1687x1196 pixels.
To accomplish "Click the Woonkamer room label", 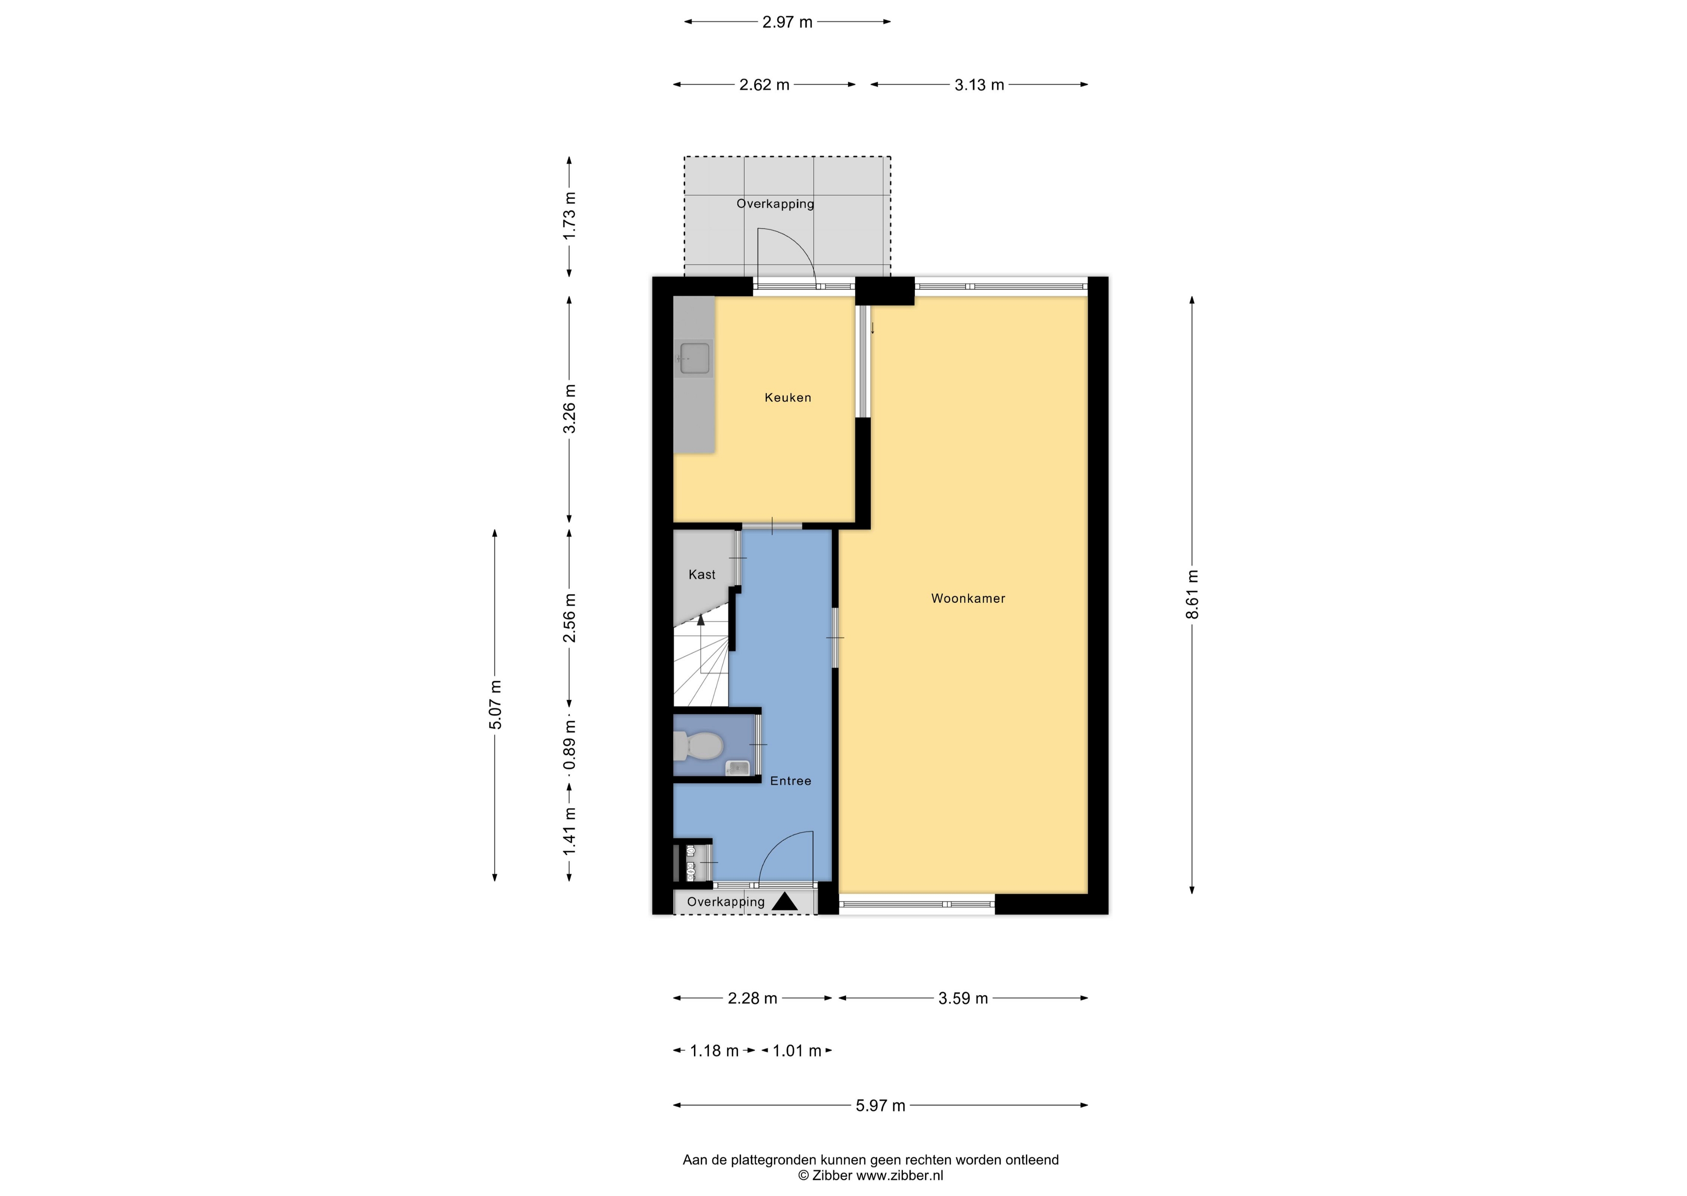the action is click(x=968, y=599).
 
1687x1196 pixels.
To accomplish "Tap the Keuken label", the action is click(x=788, y=398).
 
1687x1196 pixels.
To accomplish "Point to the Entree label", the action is click(x=791, y=781).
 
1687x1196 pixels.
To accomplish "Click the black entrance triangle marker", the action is click(x=785, y=901).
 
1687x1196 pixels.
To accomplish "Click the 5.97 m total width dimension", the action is click(x=880, y=1105).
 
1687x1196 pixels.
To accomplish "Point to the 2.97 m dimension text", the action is click(x=788, y=22).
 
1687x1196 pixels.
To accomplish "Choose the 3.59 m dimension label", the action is click(x=963, y=999).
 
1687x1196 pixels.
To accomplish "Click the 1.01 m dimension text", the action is click(x=796, y=1051).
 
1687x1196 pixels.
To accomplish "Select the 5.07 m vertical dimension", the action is click(x=496, y=705).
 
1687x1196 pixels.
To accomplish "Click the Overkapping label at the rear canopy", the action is click(x=775, y=204).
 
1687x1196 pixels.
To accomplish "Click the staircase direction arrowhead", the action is click(x=701, y=620).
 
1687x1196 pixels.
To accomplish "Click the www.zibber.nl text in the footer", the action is click(x=899, y=1176).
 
